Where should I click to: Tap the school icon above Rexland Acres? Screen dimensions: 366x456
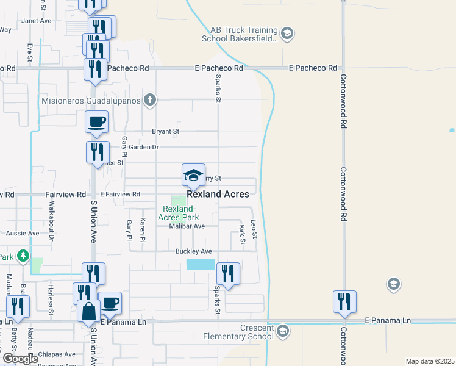pyautogui.click(x=193, y=176)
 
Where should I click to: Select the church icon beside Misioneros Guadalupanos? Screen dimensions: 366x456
pyautogui.click(x=150, y=100)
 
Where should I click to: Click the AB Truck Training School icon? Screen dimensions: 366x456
pyautogui.click(x=288, y=34)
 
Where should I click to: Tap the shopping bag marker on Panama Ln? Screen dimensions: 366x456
pyautogui.click(x=88, y=310)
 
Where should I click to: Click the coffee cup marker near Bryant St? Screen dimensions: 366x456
pyautogui.click(x=97, y=122)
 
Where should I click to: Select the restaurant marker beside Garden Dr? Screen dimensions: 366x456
pyautogui.click(x=97, y=152)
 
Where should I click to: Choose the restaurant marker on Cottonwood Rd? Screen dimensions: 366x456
pyautogui.click(x=344, y=301)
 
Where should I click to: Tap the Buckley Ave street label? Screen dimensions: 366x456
pyautogui.click(x=193, y=251)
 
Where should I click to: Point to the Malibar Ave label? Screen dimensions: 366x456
pyautogui.click(x=187, y=226)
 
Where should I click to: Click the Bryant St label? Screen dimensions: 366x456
pyautogui.click(x=166, y=131)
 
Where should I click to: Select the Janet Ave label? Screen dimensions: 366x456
pyautogui.click(x=36, y=20)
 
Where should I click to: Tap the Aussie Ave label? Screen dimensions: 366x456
pyautogui.click(x=23, y=233)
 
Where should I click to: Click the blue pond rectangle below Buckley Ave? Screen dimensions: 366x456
pyautogui.click(x=201, y=265)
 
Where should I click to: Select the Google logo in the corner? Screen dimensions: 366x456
pyautogui.click(x=20, y=359)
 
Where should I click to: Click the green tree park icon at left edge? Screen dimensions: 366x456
pyautogui.click(x=23, y=256)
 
